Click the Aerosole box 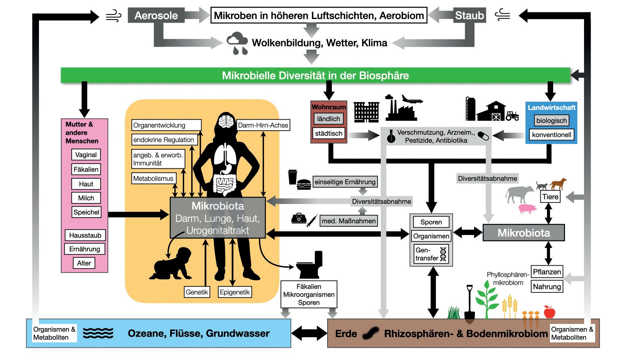156,15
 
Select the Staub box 469,15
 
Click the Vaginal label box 86,155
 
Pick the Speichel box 86,212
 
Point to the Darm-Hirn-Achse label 263,125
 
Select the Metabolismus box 153,178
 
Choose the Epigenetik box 235,292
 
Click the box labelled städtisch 328,133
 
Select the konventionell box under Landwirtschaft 551,135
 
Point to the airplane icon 412,99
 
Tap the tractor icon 512,115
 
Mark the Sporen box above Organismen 431,222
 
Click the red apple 549,312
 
